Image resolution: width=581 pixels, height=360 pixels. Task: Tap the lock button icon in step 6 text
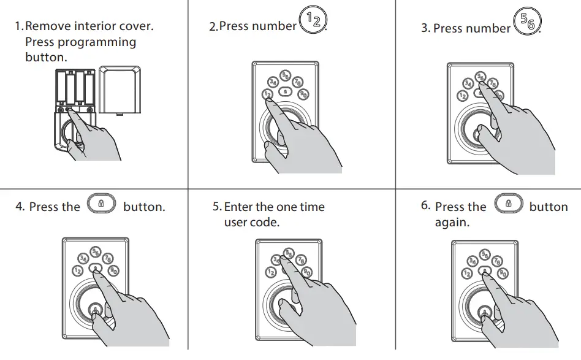pyautogui.click(x=507, y=203)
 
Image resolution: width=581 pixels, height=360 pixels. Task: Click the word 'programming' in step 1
pyautogui.click(x=97, y=42)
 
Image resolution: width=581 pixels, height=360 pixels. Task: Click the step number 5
pyautogui.click(x=216, y=207)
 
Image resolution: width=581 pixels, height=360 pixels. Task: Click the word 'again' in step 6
pyautogui.click(x=451, y=222)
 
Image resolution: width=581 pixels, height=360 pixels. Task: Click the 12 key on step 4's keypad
pyautogui.click(x=78, y=270)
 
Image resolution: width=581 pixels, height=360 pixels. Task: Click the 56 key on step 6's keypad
pyautogui.click(x=485, y=255)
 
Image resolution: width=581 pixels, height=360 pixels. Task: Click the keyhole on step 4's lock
pyautogui.click(x=95, y=310)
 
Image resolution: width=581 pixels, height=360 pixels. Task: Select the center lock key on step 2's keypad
pyautogui.click(x=285, y=91)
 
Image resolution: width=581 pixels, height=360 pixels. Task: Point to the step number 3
pyautogui.click(x=425, y=28)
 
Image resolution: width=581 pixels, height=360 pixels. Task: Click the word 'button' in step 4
pyautogui.click(x=144, y=207)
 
